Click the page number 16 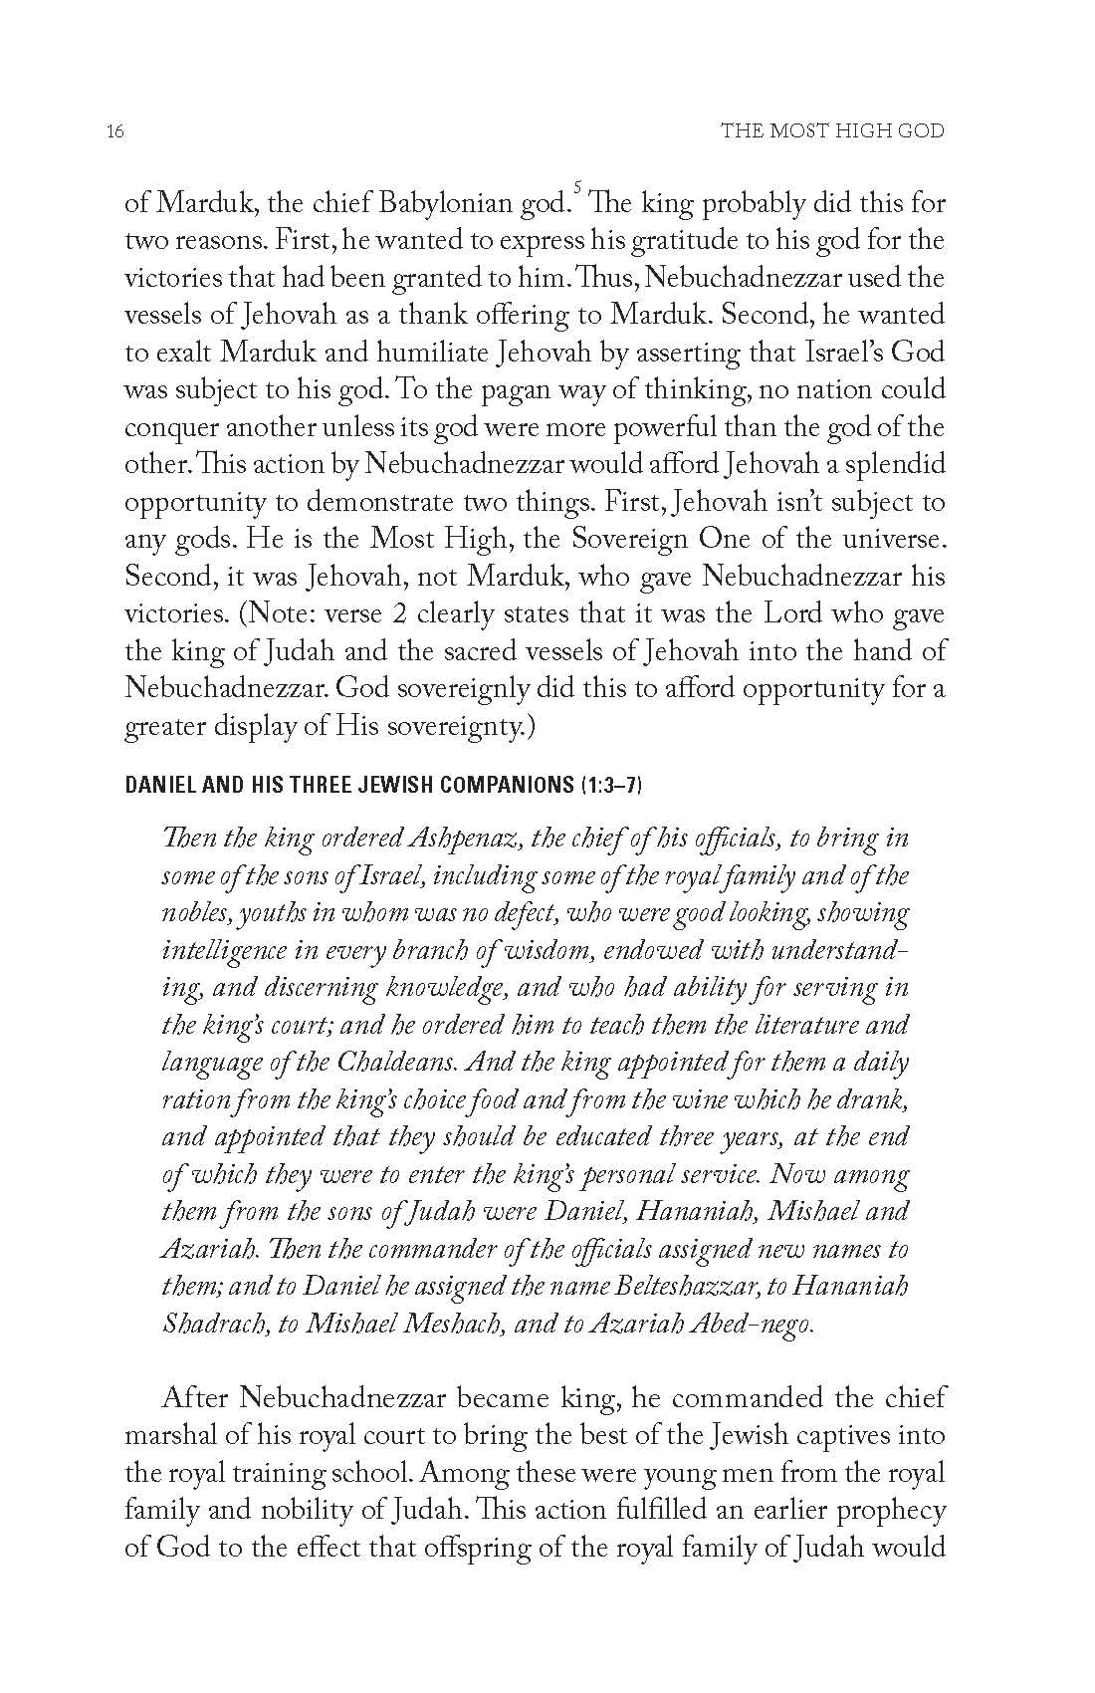pyautogui.click(x=114, y=131)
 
